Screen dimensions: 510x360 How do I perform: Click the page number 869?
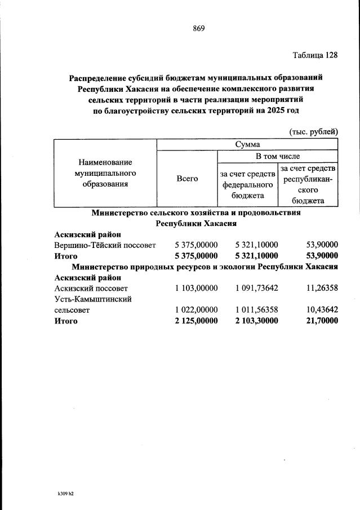click(198, 29)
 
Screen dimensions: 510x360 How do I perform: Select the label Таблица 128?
click(315, 55)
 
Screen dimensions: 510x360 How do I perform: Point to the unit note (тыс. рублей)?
click(313, 131)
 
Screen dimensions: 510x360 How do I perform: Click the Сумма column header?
click(247, 144)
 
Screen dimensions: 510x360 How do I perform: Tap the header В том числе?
click(278, 156)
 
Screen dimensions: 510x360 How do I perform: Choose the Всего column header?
click(187, 178)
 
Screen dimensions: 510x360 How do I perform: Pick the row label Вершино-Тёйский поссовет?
click(105, 245)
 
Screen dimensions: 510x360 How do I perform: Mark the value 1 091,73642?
click(256, 289)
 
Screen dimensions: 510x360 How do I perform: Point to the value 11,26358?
click(319, 289)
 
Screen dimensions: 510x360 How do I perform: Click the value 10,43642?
click(319, 310)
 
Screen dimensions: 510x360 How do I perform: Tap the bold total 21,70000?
click(319, 321)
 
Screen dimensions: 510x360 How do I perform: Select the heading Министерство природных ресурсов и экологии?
click(203, 267)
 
